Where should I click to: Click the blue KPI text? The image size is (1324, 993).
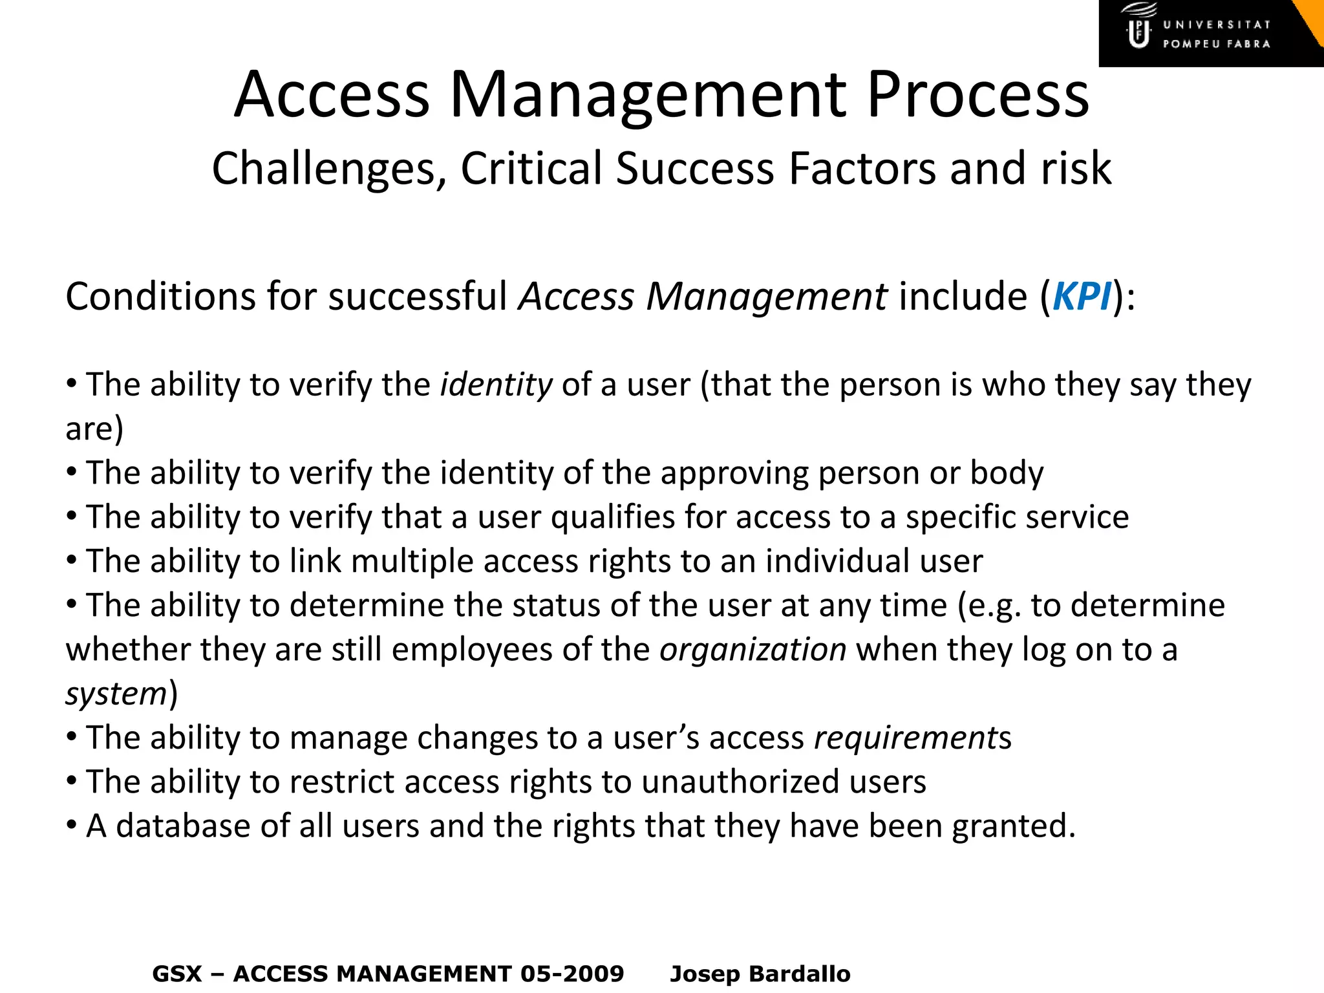(1082, 297)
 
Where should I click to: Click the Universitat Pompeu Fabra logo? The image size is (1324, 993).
(1202, 34)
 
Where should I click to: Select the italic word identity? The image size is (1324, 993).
(496, 385)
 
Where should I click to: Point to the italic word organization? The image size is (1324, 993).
(753, 649)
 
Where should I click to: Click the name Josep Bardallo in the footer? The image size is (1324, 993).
(760, 974)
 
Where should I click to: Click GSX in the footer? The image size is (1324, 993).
(177, 974)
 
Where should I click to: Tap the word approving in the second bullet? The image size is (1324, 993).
(734, 473)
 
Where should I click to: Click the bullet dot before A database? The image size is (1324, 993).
(72, 826)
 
